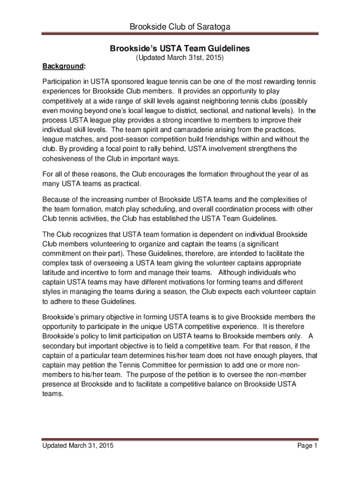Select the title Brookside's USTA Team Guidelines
pos(180,48)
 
